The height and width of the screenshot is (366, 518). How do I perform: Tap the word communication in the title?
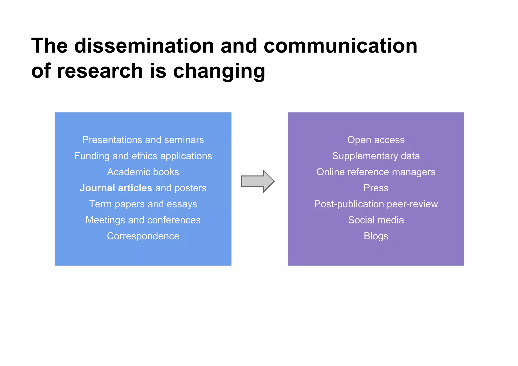coord(340,46)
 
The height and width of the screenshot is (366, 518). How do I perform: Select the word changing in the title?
coord(219,71)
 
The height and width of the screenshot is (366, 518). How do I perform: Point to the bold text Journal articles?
coord(116,188)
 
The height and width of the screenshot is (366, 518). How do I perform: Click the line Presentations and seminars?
coord(143,140)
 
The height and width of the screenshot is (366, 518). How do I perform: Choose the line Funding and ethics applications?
coord(143,156)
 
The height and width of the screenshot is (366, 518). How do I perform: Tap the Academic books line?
coord(143,172)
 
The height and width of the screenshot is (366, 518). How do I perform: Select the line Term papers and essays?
coord(143,204)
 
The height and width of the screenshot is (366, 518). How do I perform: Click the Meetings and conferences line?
coord(143,220)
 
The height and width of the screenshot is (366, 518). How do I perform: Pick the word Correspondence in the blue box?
coord(143,236)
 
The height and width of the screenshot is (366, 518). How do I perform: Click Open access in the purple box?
coord(376,140)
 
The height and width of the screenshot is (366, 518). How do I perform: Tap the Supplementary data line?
coord(376,156)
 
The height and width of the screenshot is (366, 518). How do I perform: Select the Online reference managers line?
coord(376,172)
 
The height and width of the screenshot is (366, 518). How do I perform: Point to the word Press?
coord(376,188)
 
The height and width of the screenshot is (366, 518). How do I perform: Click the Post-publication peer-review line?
coord(376,204)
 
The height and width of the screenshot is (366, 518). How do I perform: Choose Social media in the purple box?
coord(376,220)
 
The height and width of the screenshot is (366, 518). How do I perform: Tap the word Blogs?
coord(376,236)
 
